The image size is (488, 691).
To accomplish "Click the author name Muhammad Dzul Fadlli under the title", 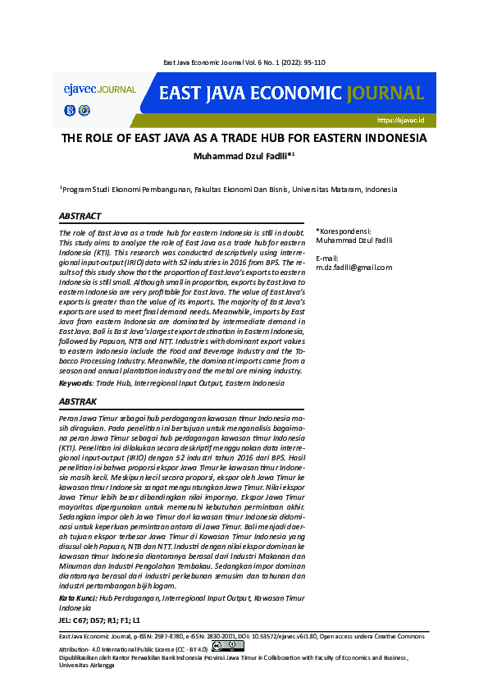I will click(x=242, y=156).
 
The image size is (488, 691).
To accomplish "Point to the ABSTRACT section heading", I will click(x=80, y=217).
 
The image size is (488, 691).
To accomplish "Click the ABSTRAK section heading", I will click(x=78, y=402).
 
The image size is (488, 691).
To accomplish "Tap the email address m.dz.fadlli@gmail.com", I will click(x=354, y=267).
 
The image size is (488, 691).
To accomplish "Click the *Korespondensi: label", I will click(x=344, y=231).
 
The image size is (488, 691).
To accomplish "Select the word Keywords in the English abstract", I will click(x=75, y=383).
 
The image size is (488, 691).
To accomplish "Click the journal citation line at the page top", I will click(x=244, y=62).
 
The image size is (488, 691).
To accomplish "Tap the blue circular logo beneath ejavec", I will click(x=69, y=110).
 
